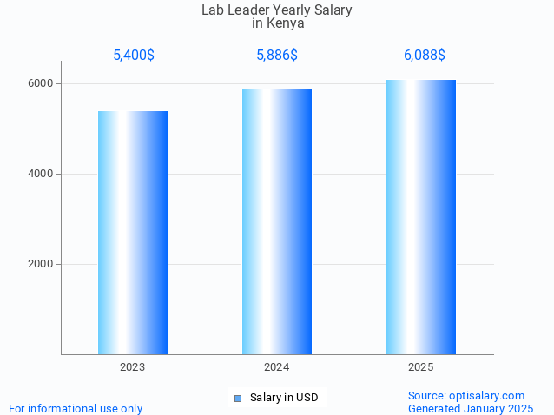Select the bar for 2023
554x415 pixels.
[x=133, y=233]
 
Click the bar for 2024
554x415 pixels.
[x=277, y=221]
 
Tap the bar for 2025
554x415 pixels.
[x=421, y=217]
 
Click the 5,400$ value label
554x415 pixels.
[x=134, y=56]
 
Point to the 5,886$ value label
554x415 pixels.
[x=277, y=56]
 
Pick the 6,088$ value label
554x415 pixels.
[x=425, y=56]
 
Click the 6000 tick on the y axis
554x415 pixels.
[x=40, y=84]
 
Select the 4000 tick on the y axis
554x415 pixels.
[x=40, y=175]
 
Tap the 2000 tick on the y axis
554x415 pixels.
[x=40, y=265]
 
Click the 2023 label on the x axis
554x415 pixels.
[x=133, y=368]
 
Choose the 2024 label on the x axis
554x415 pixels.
[x=277, y=368]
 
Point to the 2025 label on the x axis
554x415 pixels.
[x=421, y=368]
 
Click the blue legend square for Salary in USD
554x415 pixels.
[x=237, y=398]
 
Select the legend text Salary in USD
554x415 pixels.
[x=284, y=398]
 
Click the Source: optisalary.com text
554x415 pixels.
[x=466, y=396]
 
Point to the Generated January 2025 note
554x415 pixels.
[x=471, y=408]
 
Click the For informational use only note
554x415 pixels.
[x=76, y=408]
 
